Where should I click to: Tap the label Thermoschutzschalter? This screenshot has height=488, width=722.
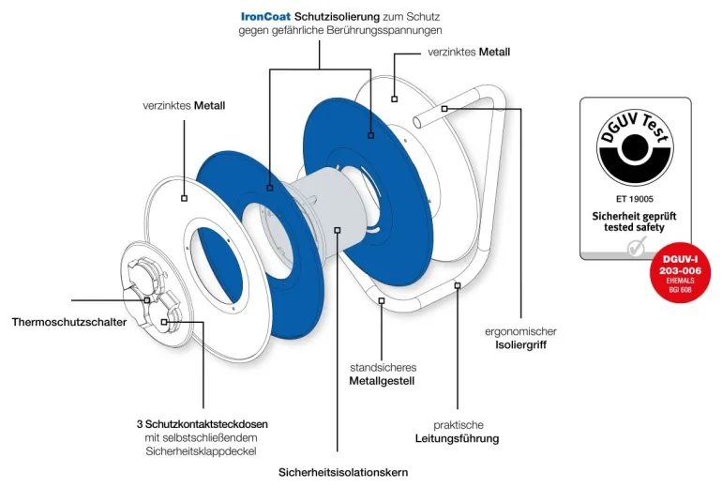click(69, 323)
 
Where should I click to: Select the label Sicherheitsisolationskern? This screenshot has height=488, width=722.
click(343, 471)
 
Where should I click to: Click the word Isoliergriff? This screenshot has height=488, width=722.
click(520, 345)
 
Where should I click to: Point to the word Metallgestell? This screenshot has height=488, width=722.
click(382, 381)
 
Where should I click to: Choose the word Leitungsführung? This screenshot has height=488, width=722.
click(457, 438)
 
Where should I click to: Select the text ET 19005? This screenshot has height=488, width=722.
click(635, 199)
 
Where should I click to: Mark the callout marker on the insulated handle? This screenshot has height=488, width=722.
click(445, 109)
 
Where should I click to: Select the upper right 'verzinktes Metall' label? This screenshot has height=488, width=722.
click(469, 52)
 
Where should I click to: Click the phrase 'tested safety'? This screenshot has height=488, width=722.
click(635, 228)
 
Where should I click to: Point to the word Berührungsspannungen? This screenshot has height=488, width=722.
click(371, 31)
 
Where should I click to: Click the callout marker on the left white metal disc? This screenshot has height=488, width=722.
click(184, 198)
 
